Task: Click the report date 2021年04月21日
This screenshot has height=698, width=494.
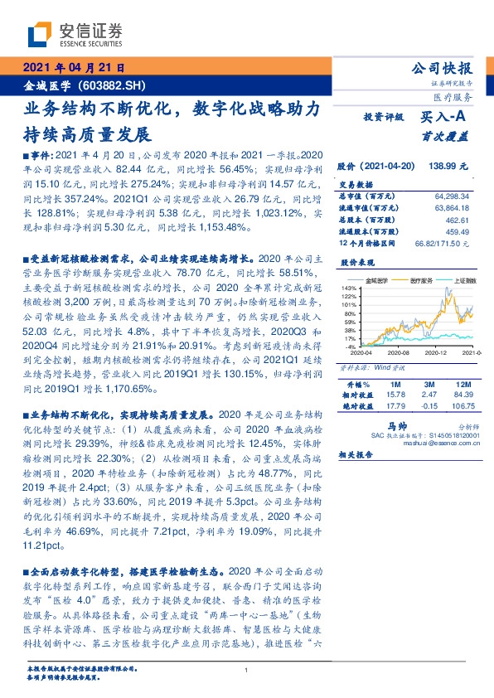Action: tap(72, 67)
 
